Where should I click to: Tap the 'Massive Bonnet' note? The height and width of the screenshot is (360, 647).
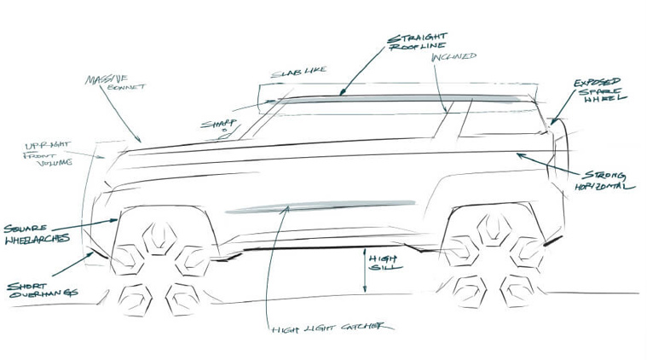click(108, 83)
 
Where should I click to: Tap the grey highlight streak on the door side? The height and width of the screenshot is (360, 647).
click(315, 206)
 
